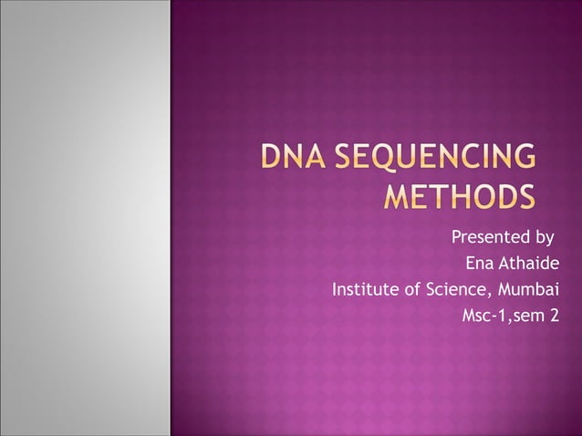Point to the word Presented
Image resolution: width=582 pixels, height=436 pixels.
click(x=488, y=239)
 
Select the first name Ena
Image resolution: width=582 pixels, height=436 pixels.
click(x=480, y=265)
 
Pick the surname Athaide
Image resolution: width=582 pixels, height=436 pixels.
click(x=530, y=265)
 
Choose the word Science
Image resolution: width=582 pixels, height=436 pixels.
click(x=459, y=291)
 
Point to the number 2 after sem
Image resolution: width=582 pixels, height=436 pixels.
click(x=554, y=317)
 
